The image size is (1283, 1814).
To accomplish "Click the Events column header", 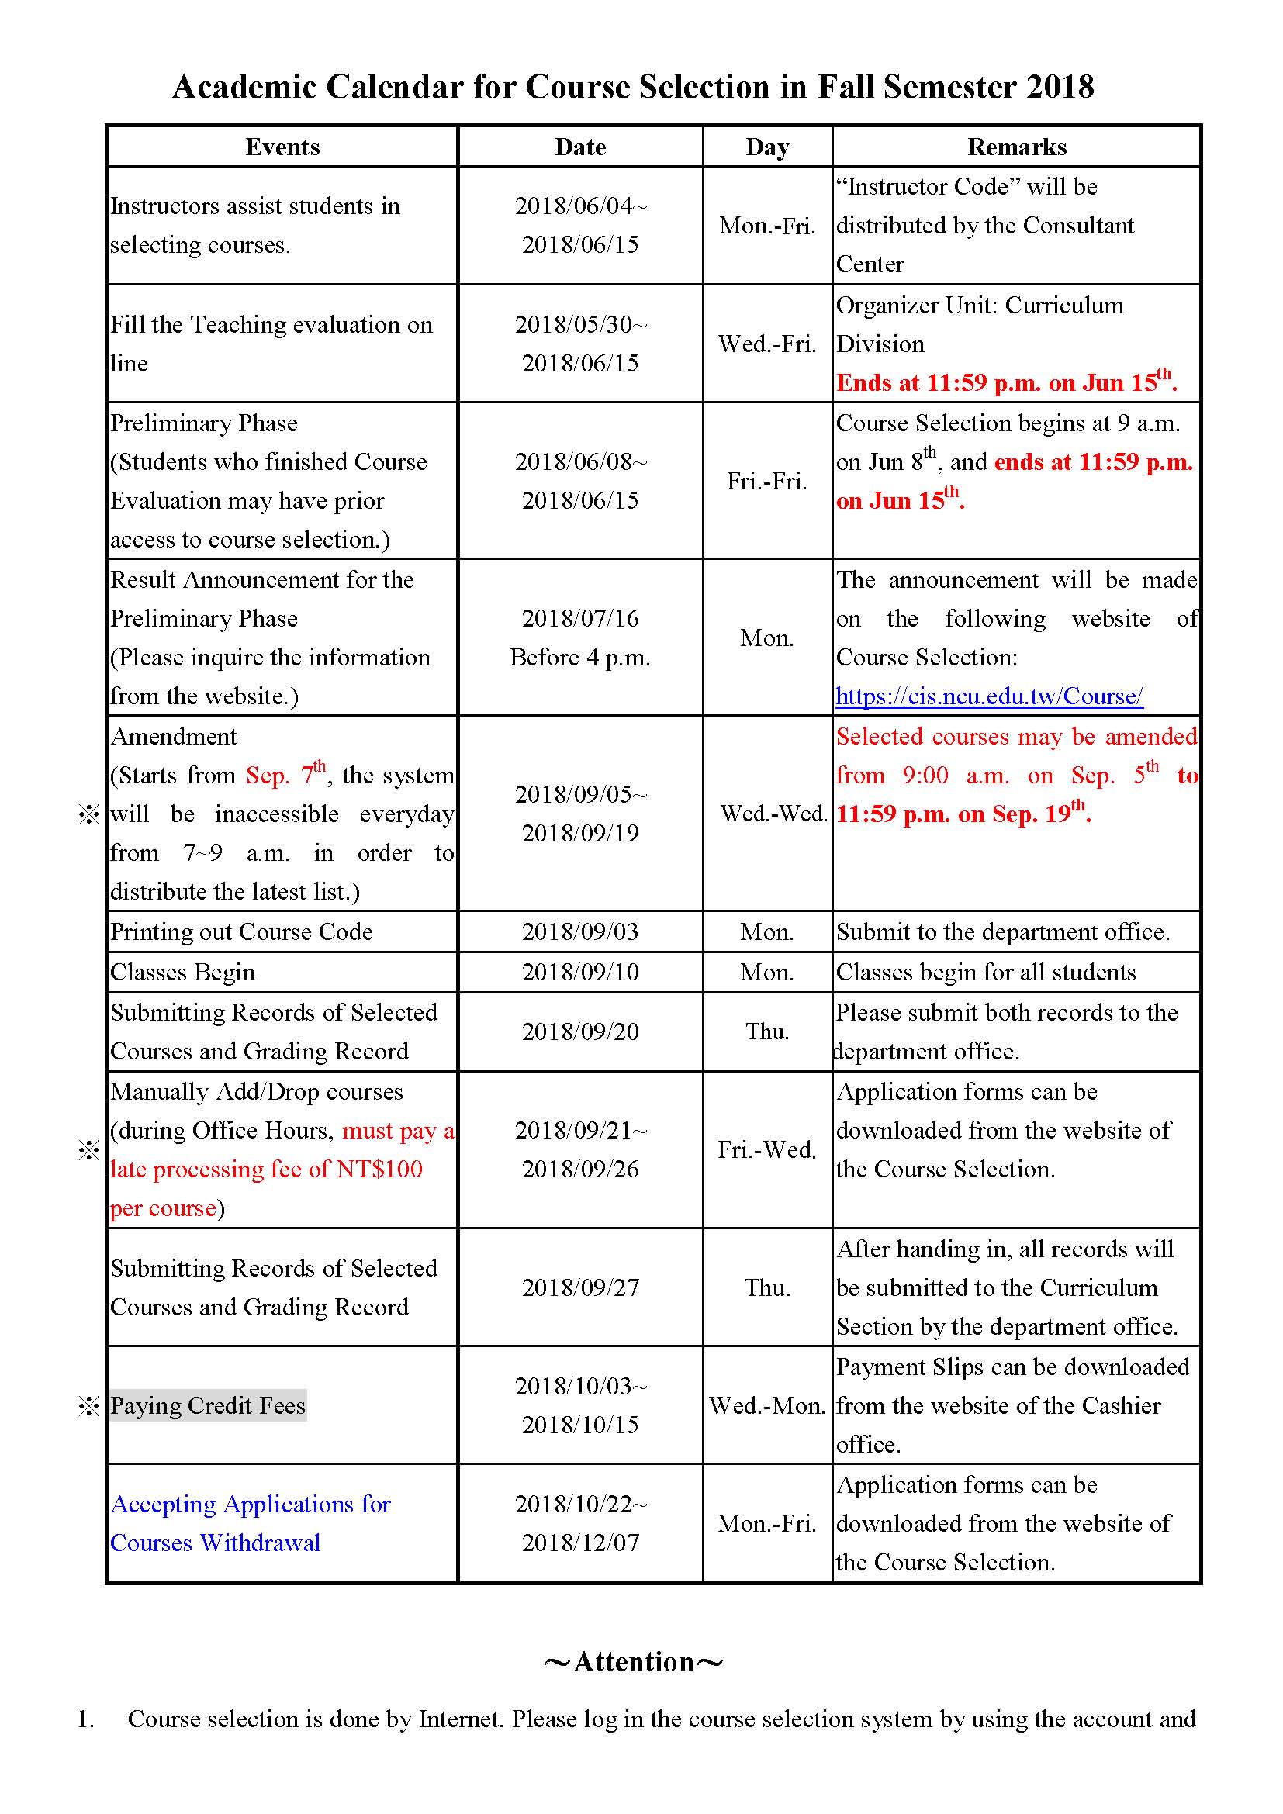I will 282,147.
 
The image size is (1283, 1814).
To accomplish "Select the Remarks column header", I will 1016,147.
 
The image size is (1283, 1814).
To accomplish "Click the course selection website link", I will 989,696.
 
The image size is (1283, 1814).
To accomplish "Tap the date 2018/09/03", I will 580,931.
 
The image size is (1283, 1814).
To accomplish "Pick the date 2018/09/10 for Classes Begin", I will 580,972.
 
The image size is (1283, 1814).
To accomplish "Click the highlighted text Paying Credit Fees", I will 208,1405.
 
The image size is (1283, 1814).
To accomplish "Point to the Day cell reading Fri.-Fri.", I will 766,481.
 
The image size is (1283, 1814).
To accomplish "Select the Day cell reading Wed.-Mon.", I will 766,1405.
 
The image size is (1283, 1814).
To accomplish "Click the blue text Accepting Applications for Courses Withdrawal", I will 250,1523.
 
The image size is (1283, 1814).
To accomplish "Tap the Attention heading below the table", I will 634,1661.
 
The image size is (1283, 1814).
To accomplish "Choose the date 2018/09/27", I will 580,1288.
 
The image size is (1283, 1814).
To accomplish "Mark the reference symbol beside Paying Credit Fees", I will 88,1406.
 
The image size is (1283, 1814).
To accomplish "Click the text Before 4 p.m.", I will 580,658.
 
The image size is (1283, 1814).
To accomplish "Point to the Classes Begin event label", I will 182,972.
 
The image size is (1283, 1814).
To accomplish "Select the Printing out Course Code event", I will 241,931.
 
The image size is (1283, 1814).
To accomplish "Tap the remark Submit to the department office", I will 1001,931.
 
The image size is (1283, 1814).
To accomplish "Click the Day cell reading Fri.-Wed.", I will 766,1149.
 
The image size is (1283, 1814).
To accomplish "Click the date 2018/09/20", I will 580,1031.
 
